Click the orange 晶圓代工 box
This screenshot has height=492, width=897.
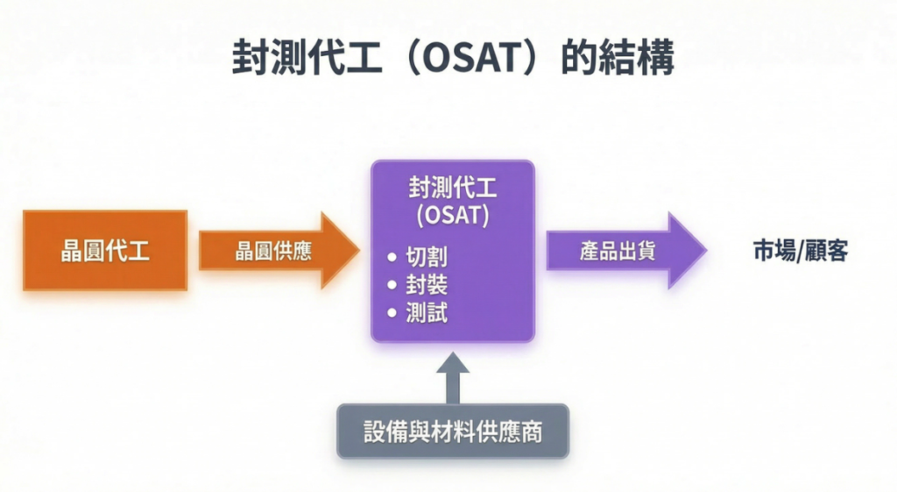coord(105,251)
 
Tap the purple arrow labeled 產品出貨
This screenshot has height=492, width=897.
coord(618,251)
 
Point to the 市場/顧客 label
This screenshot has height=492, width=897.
coord(800,251)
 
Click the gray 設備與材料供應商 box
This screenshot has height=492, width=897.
coord(453,431)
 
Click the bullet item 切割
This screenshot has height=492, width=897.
coord(427,258)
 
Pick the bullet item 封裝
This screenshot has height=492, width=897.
coord(427,286)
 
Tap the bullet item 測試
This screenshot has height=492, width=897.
coord(427,313)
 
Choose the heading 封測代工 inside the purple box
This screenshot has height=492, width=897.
coord(453,187)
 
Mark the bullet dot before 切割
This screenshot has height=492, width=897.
coord(392,259)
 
